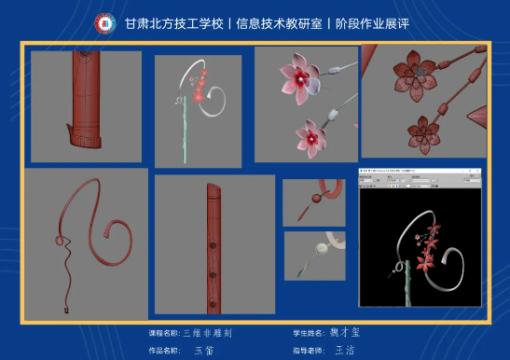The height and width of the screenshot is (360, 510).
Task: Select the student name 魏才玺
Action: (x=345, y=332)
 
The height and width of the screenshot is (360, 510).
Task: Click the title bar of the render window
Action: (x=420, y=173)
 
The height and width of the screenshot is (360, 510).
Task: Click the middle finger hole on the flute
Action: (x=215, y=248)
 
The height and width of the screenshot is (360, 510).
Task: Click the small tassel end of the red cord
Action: (x=66, y=309)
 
